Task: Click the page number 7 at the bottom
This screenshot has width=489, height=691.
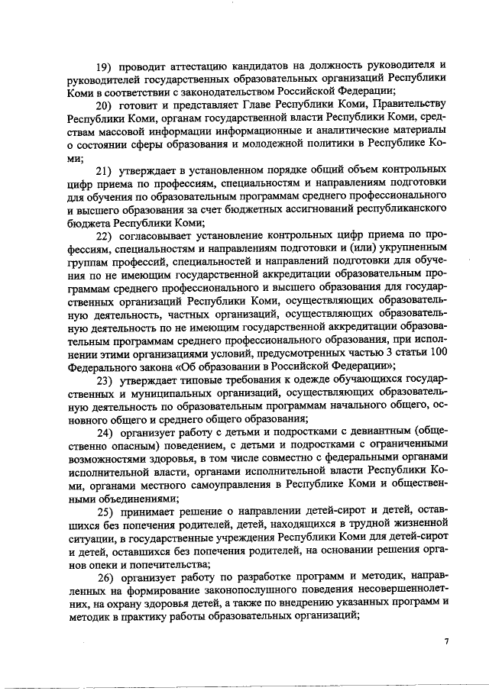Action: pos(446,642)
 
